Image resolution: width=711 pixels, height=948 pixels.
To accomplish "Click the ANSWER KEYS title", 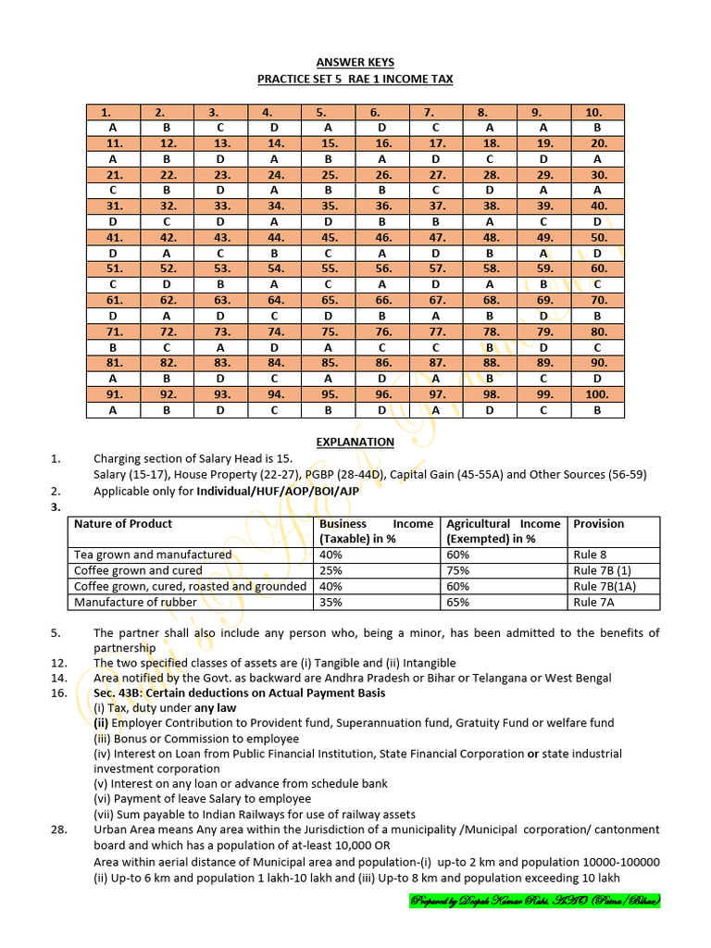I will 355,62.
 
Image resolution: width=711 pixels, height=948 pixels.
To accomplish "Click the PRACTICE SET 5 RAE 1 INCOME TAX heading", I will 355,80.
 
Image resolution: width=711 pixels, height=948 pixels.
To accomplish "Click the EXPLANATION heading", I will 355,442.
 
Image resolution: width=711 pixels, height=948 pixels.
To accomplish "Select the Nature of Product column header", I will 123,524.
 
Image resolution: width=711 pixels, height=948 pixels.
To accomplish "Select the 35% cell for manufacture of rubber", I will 331,602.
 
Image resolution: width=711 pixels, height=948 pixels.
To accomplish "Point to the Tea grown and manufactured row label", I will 153,555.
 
